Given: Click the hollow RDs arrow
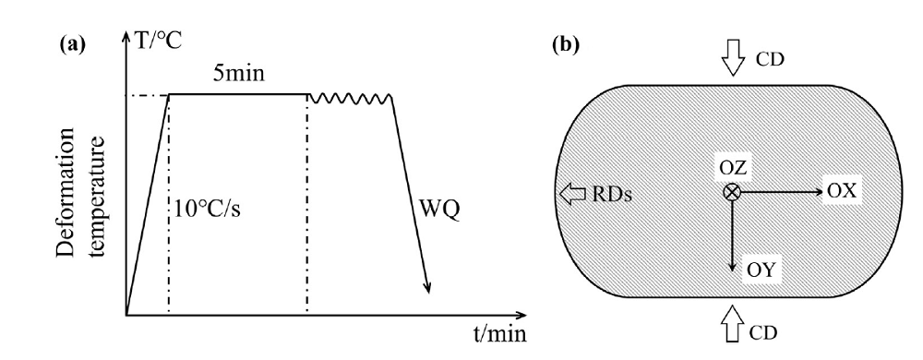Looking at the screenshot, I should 572,194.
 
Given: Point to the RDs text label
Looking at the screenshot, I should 605,194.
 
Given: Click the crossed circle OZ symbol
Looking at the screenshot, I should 731,192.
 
